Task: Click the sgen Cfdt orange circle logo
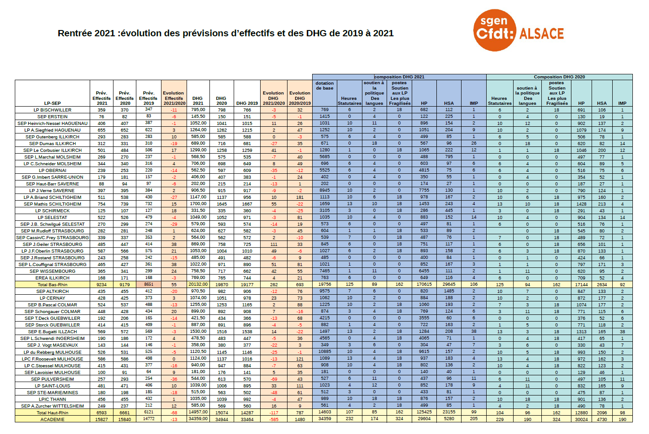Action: click(x=494, y=30)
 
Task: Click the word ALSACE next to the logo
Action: click(x=541, y=34)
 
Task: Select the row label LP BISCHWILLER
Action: click(x=52, y=110)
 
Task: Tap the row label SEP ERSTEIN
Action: click(x=52, y=116)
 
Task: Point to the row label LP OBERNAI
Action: click(x=52, y=170)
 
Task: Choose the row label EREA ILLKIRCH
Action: click(x=52, y=278)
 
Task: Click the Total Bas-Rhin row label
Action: click(x=52, y=284)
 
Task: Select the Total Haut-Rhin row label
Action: click(x=52, y=413)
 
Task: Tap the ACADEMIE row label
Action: click(x=52, y=419)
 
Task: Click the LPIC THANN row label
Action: click(x=52, y=399)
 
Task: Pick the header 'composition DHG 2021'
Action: click(x=399, y=77)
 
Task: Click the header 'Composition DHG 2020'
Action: click(x=559, y=77)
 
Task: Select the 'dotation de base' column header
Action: click(x=324, y=86)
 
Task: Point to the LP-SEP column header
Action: click(x=52, y=103)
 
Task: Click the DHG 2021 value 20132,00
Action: click(x=198, y=284)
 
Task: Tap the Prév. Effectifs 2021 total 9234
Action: click(x=102, y=284)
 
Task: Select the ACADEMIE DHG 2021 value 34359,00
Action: click(x=198, y=419)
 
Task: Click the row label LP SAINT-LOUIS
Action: click(x=52, y=386)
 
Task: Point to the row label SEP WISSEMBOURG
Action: click(x=52, y=271)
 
